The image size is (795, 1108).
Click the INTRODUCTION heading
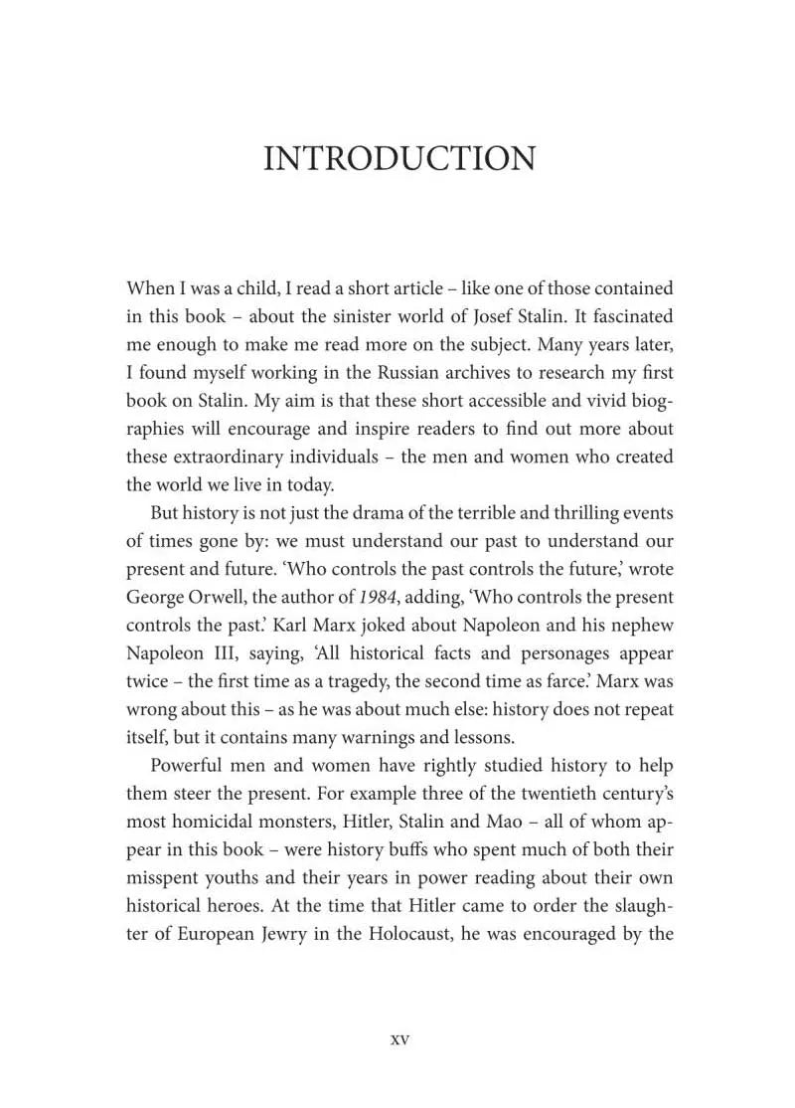coord(398,159)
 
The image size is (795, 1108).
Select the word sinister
coord(373,317)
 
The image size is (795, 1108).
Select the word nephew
coord(639,626)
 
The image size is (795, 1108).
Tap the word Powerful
coord(192,766)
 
